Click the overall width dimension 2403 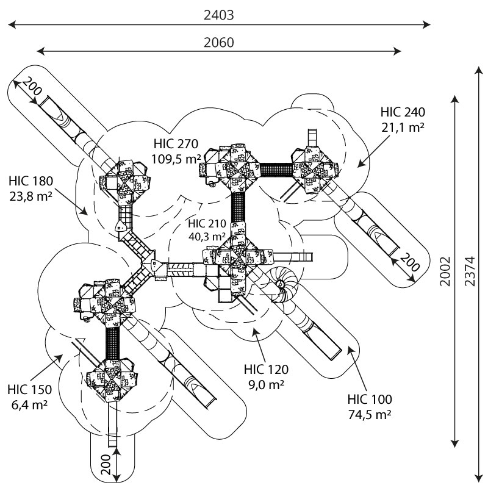[218, 15]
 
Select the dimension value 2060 [218, 42]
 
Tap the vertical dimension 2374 [470, 271]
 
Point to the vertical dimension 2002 [445, 271]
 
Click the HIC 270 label [176, 144]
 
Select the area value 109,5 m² [176, 159]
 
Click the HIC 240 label [403, 112]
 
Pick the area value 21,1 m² [403, 127]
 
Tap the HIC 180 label [31, 181]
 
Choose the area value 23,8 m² [31, 196]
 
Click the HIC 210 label [207, 223]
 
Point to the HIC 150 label [29, 390]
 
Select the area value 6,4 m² [29, 405]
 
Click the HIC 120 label [266, 370]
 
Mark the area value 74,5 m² [370, 415]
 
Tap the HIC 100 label [370, 400]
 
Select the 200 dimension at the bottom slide [106, 465]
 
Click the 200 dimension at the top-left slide [32, 86]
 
